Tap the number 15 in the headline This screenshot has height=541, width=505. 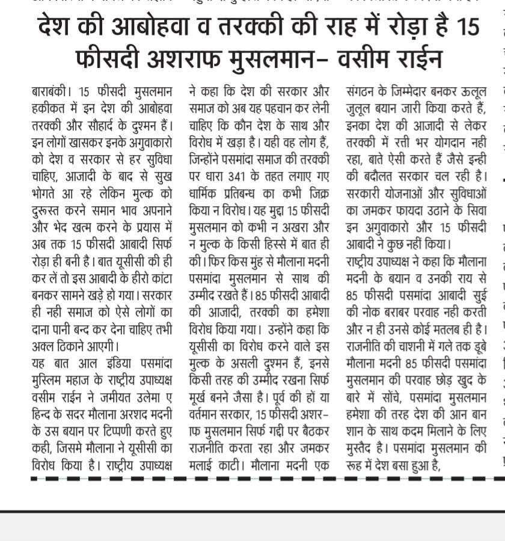click(467, 28)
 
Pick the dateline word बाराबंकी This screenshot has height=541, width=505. click(50, 93)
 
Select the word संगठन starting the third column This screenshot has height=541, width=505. click(363, 93)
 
